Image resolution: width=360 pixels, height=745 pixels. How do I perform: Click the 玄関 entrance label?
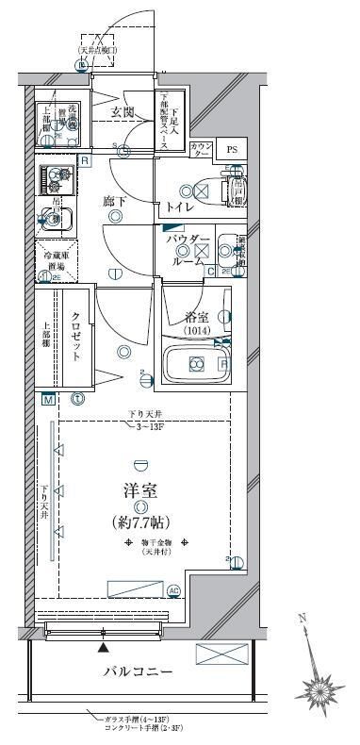coord(124,112)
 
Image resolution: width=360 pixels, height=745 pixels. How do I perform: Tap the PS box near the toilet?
coord(229,150)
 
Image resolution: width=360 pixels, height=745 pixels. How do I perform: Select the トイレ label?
coord(181,207)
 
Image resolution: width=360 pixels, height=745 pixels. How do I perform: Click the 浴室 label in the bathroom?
coord(195,317)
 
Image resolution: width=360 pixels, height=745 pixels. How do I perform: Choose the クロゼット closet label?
coord(77,338)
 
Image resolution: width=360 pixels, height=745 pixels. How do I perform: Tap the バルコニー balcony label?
coord(138,671)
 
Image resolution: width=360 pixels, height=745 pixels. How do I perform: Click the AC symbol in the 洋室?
coord(173,591)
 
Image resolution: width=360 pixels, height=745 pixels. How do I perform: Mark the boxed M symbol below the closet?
coord(46,399)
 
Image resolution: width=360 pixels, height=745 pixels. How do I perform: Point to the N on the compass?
coord(302,619)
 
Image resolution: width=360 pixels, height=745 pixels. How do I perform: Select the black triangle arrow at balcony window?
coord(103,648)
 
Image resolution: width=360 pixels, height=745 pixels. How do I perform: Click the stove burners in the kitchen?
coord(56,178)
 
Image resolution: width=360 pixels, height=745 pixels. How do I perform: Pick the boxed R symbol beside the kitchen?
coord(84,161)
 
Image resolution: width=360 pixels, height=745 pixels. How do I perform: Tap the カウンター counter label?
coord(201,150)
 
